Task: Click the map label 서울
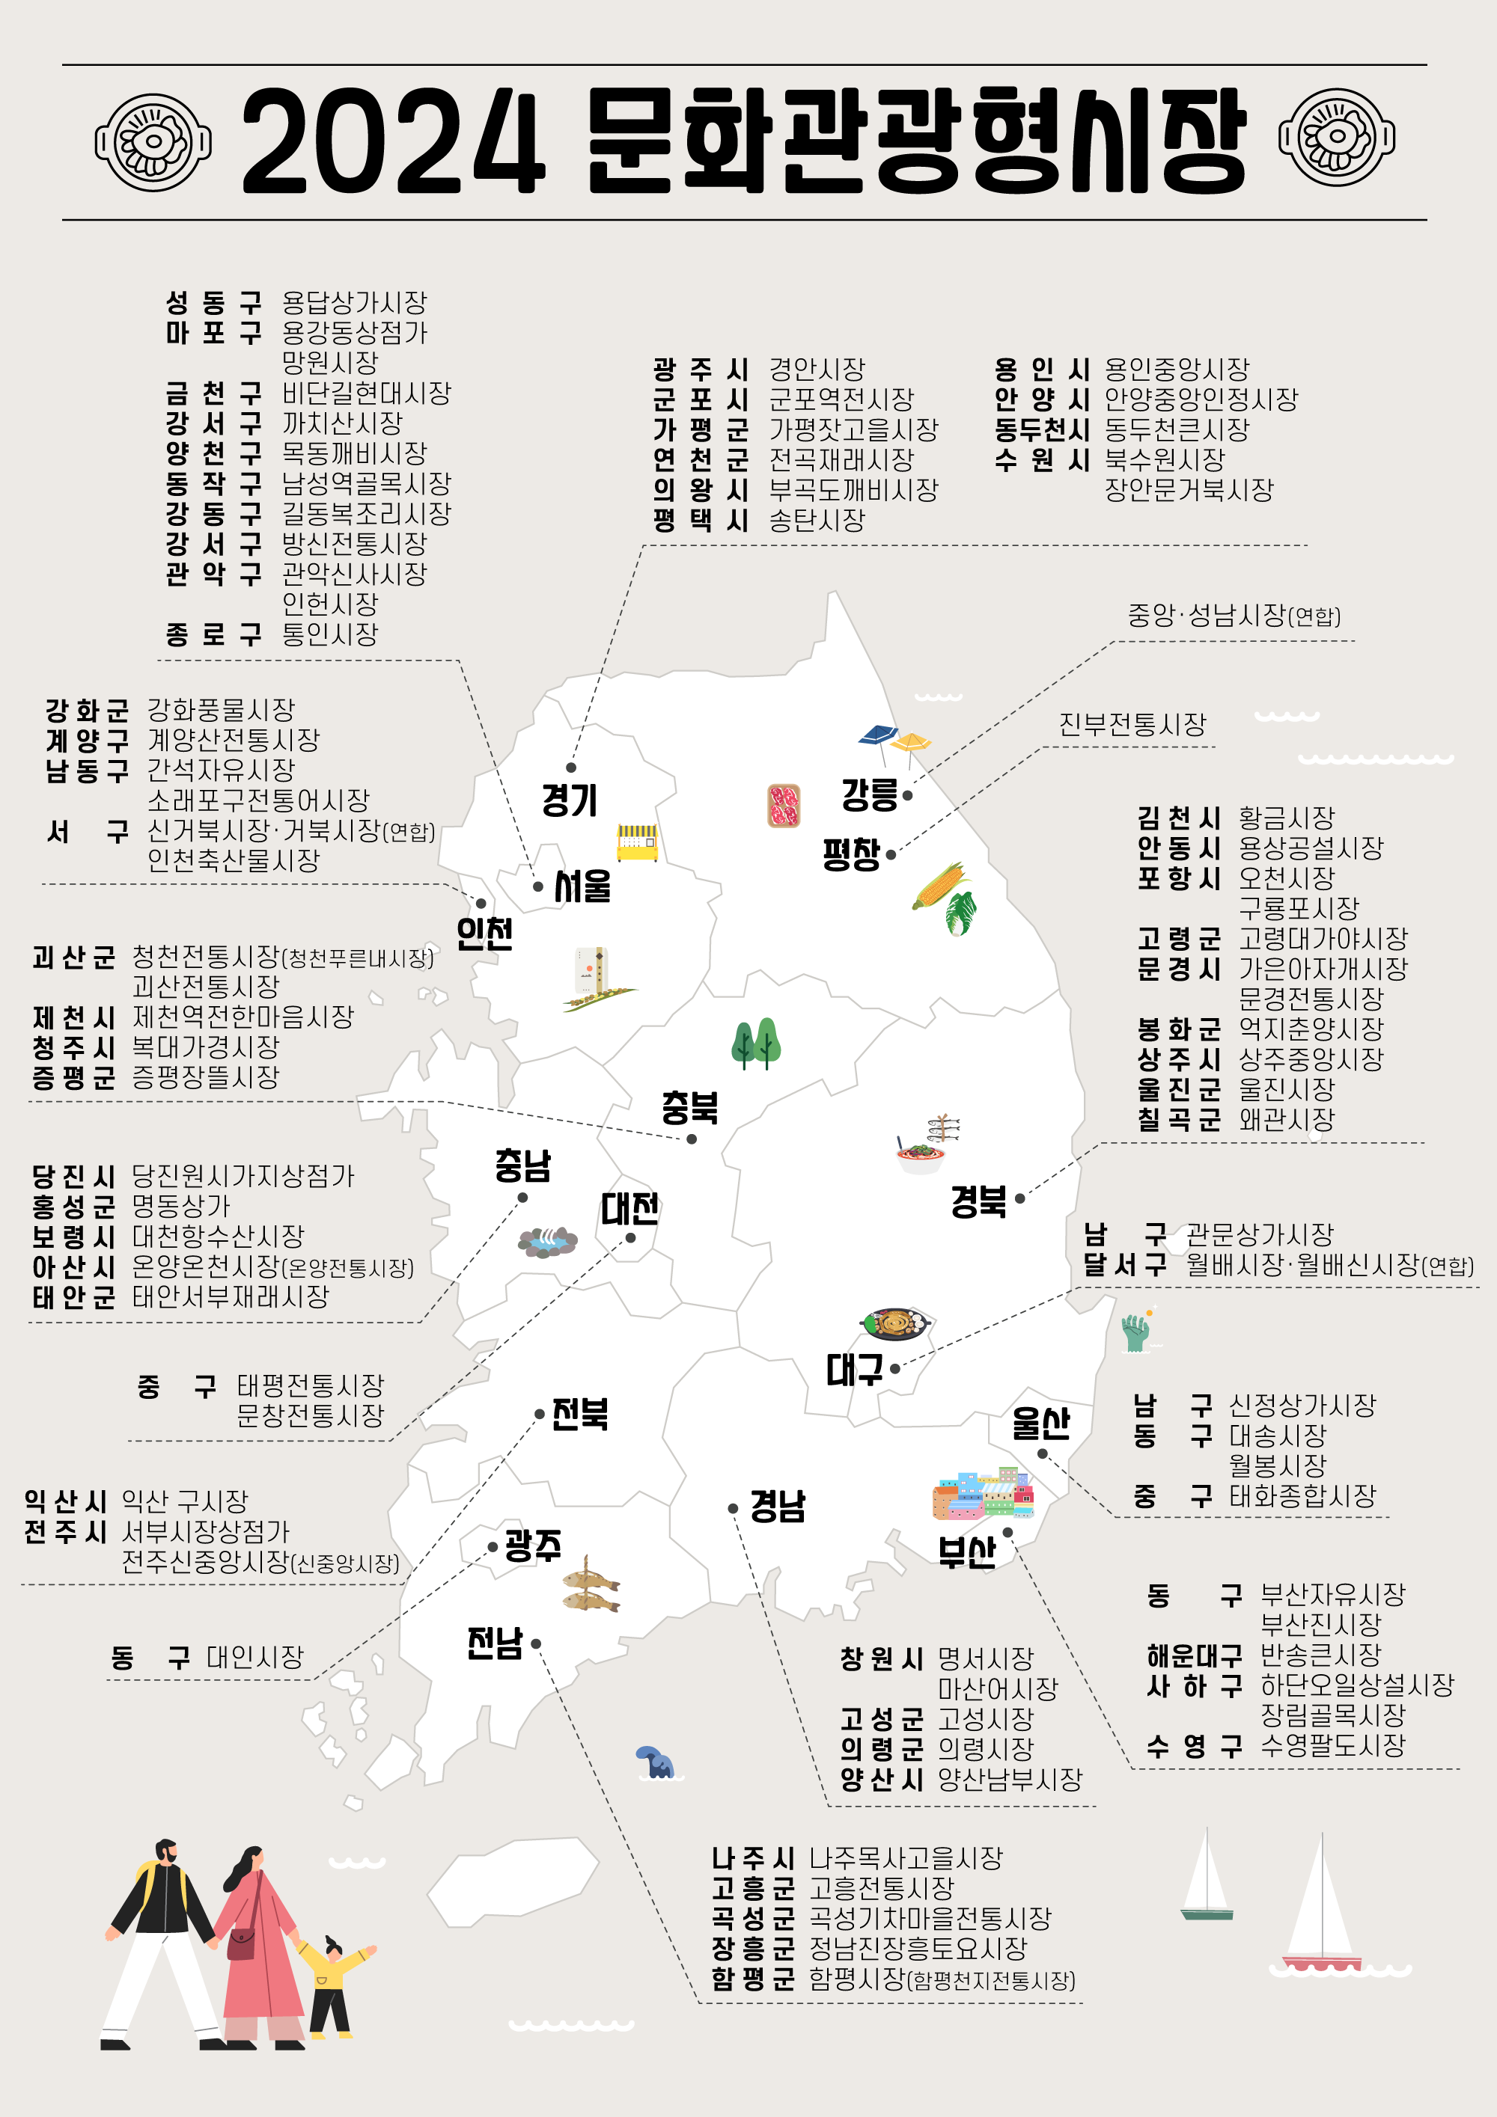(x=582, y=886)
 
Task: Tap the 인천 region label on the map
(x=485, y=933)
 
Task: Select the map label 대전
(x=630, y=1208)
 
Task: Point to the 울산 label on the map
(x=1040, y=1423)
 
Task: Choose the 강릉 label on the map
(x=869, y=794)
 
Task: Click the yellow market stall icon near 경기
(x=638, y=842)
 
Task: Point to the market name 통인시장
(x=330, y=634)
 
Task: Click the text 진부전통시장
(x=1132, y=725)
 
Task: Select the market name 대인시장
(x=254, y=1657)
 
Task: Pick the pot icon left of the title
(x=153, y=142)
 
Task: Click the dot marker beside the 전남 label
(x=536, y=1643)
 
